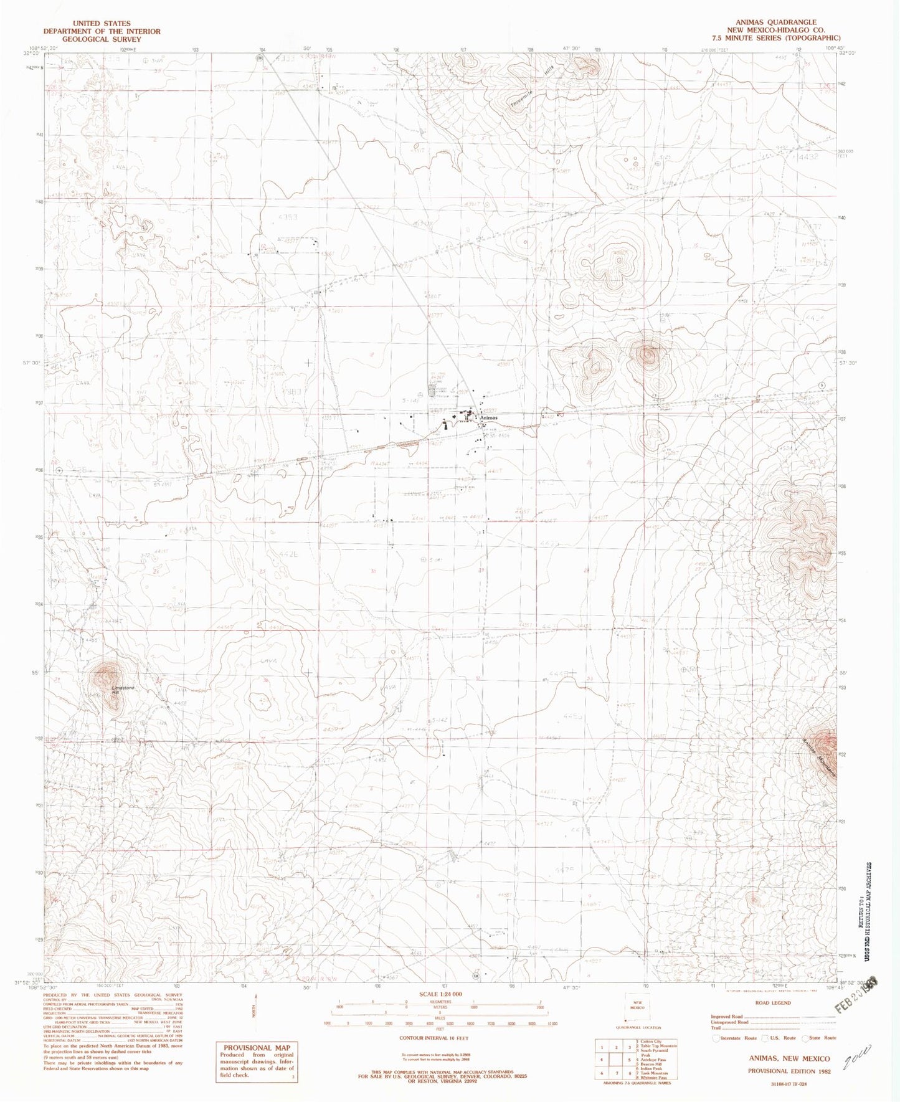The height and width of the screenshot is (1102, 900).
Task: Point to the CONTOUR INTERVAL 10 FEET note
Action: click(x=433, y=1038)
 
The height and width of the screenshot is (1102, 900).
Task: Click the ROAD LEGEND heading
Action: click(x=772, y=1003)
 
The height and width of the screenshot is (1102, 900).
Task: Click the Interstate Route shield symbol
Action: click(x=715, y=1038)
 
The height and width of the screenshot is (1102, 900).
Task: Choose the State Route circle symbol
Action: click(x=806, y=1038)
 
